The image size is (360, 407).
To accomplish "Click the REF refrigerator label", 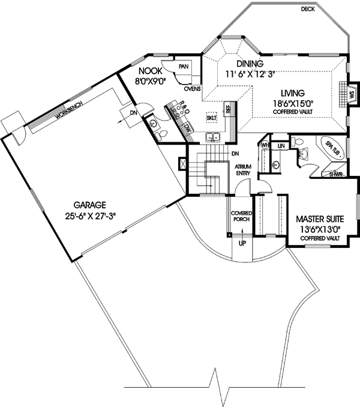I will click(228, 109).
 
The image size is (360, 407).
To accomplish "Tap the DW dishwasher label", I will click(188, 127).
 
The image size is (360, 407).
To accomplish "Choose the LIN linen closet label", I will click(281, 145).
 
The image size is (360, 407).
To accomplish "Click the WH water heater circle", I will click(265, 145).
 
